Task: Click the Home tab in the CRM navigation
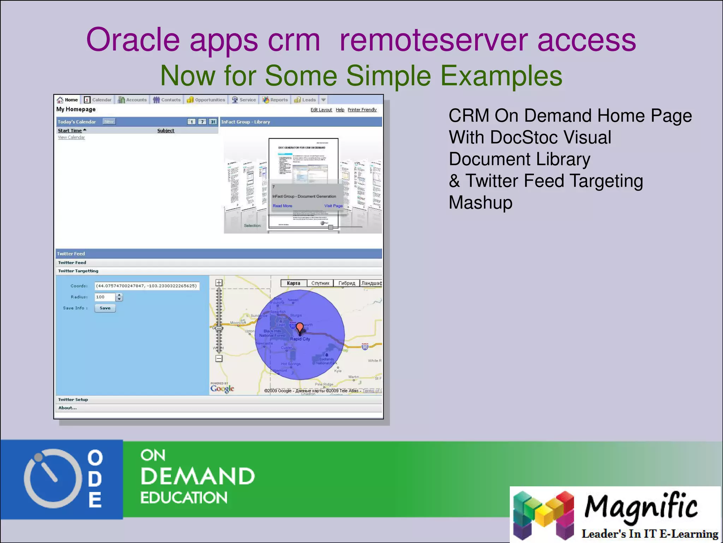[x=67, y=100]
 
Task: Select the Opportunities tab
[x=206, y=100]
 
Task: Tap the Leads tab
[x=305, y=100]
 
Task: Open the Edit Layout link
[x=321, y=110]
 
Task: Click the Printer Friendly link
[x=362, y=110]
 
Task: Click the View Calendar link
[x=71, y=137]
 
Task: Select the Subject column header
[x=166, y=130]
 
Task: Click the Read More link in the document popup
[x=282, y=206]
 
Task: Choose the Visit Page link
[x=333, y=206]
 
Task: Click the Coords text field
[x=147, y=286]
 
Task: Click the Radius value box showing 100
[x=105, y=297]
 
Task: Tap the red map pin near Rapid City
[x=299, y=327]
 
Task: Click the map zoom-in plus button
[x=219, y=282]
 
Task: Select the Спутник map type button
[x=320, y=283]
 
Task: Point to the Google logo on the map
[x=222, y=388]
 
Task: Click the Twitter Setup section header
[x=73, y=399]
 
